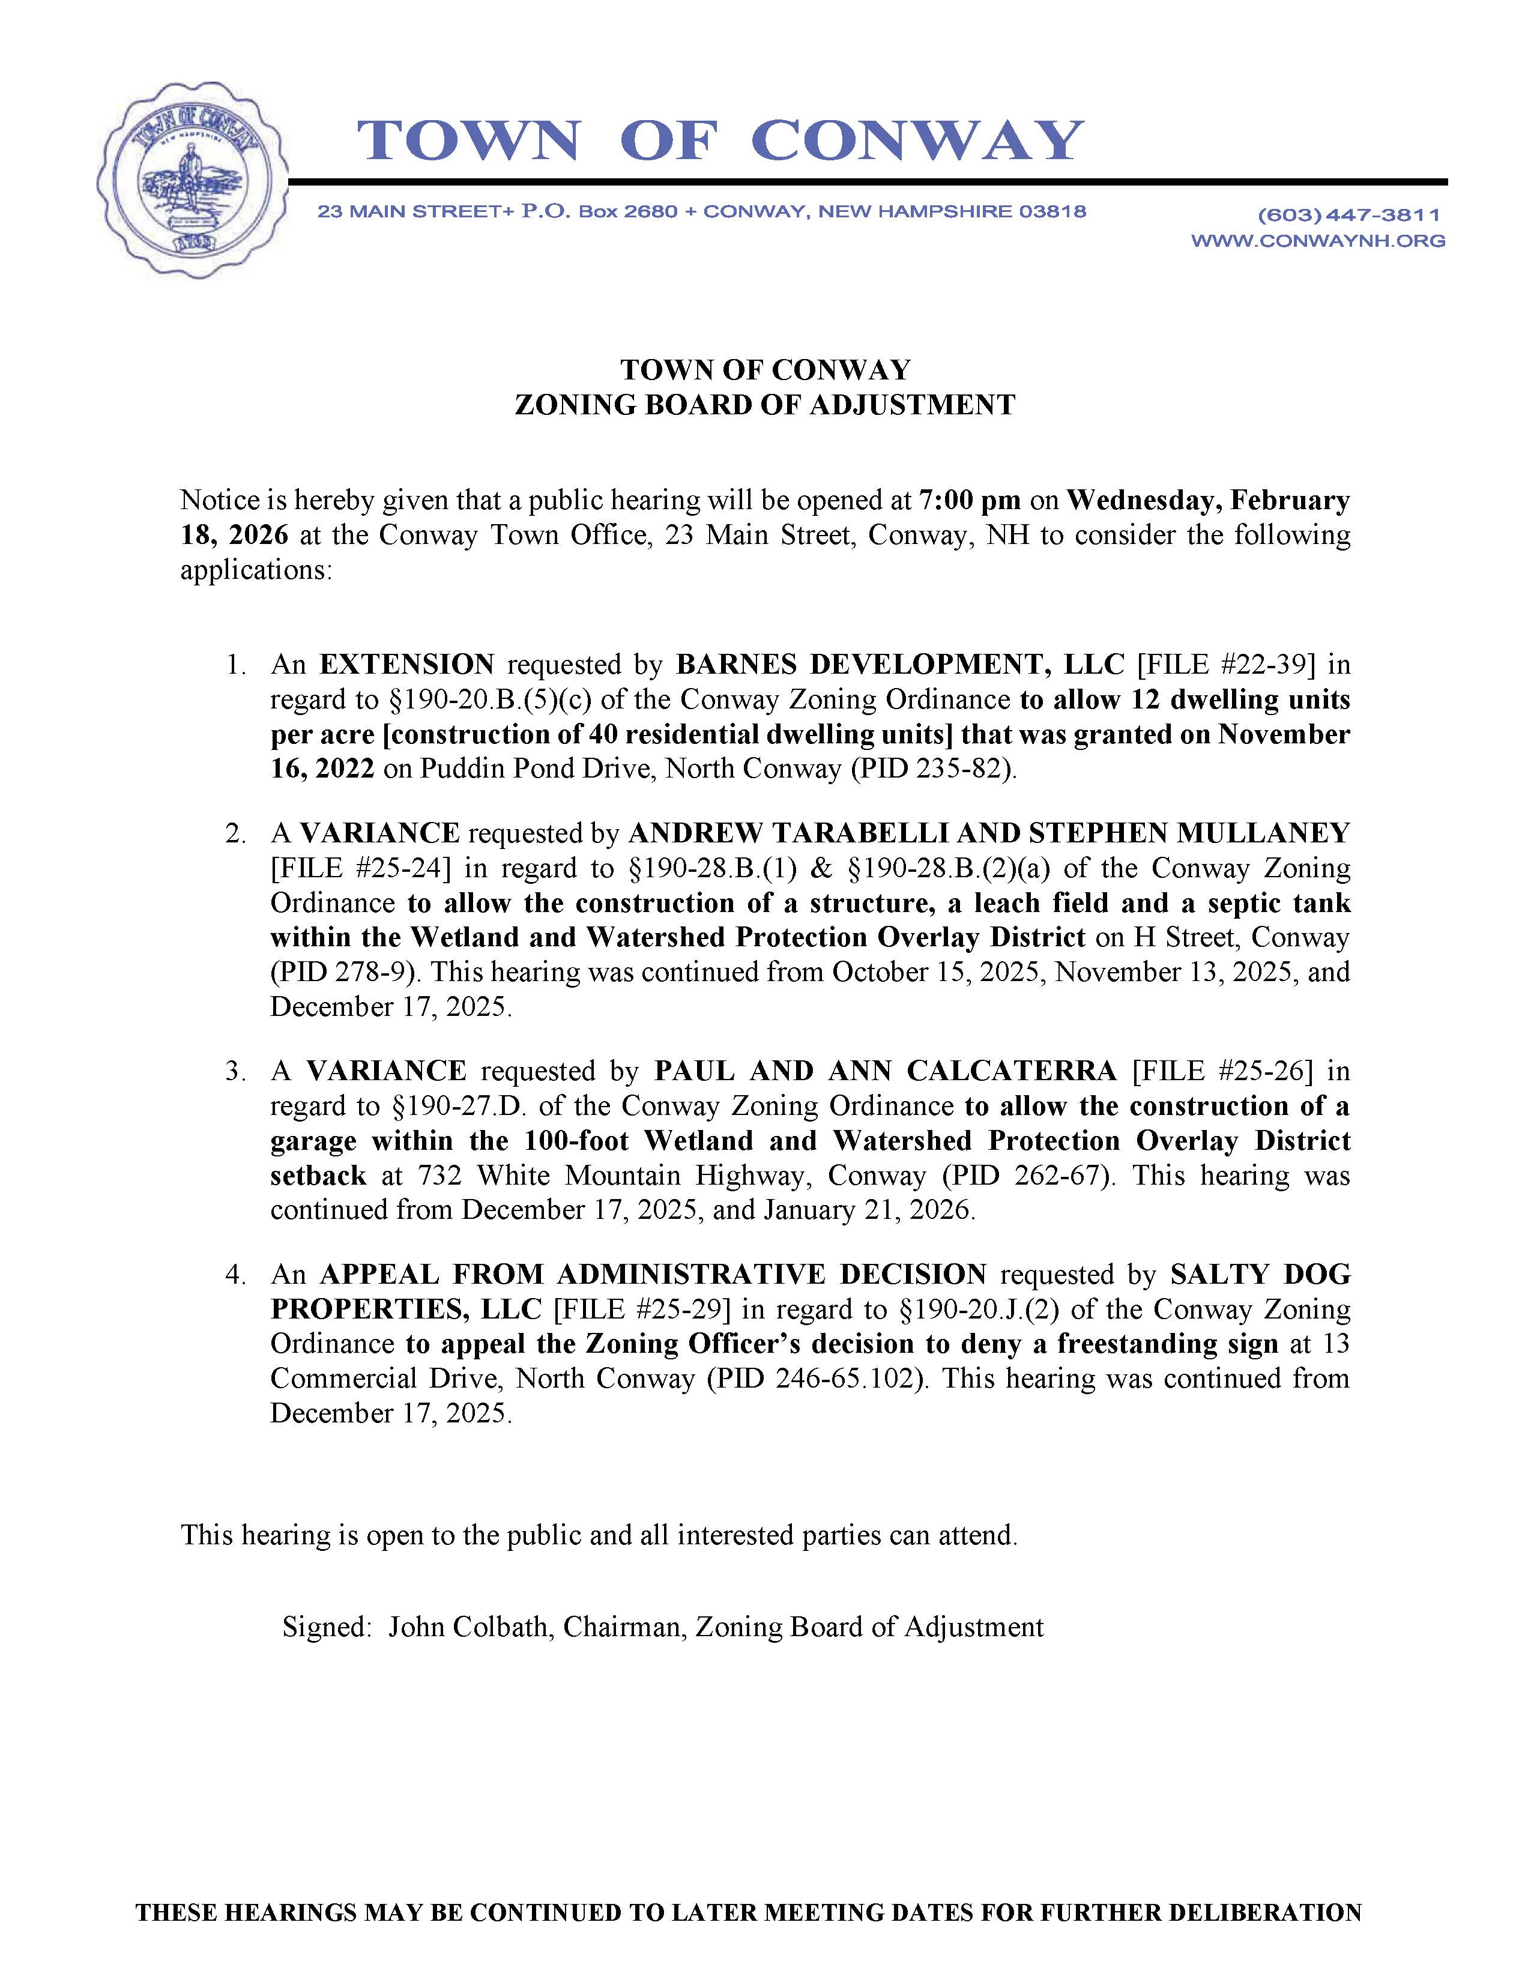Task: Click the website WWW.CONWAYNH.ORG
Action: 1318,241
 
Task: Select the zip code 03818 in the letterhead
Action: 1052,212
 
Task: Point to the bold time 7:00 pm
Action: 970,501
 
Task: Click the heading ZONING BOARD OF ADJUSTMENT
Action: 764,405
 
